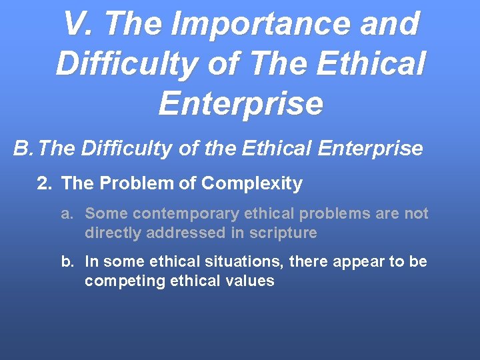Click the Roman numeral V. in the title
[78, 25]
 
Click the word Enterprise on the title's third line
[241, 103]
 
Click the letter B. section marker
[24, 148]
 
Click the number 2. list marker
[45, 183]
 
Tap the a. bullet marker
[67, 214]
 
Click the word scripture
[283, 233]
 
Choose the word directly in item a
[110, 233]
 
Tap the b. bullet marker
[67, 262]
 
